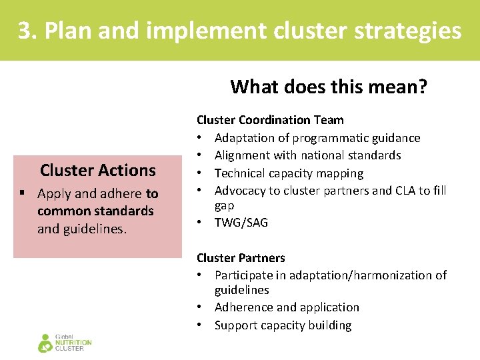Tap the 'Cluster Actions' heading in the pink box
pos(97,170)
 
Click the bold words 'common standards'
pos(95,211)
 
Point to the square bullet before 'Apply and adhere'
pos(23,194)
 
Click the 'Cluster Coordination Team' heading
pos(270,120)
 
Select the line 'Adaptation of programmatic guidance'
pos(317,138)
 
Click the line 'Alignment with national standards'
pos(307,155)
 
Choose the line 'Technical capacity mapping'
pos(289,173)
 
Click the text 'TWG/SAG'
pos(241,223)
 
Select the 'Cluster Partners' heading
pos(241,258)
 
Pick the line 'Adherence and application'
pos(287,307)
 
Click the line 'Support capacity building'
pos(283,325)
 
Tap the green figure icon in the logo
pos(45,343)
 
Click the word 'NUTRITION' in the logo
pos(73,343)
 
